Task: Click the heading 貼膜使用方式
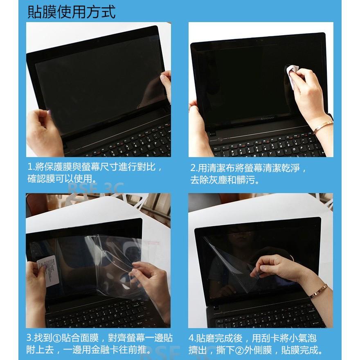coord(71,11)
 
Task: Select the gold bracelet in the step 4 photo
coord(318,291)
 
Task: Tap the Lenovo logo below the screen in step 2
coord(268,116)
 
